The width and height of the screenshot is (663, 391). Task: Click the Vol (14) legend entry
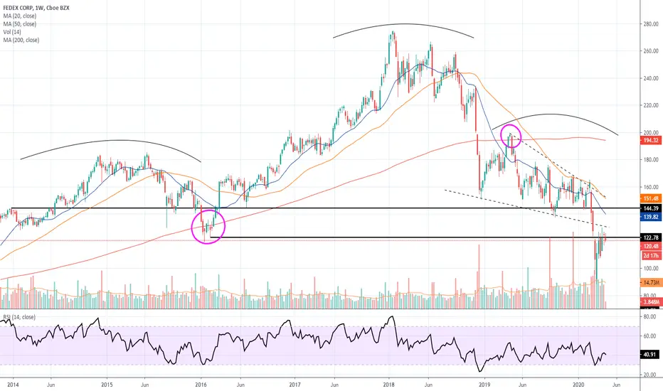14,32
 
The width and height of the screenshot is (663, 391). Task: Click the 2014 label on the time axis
11,385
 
